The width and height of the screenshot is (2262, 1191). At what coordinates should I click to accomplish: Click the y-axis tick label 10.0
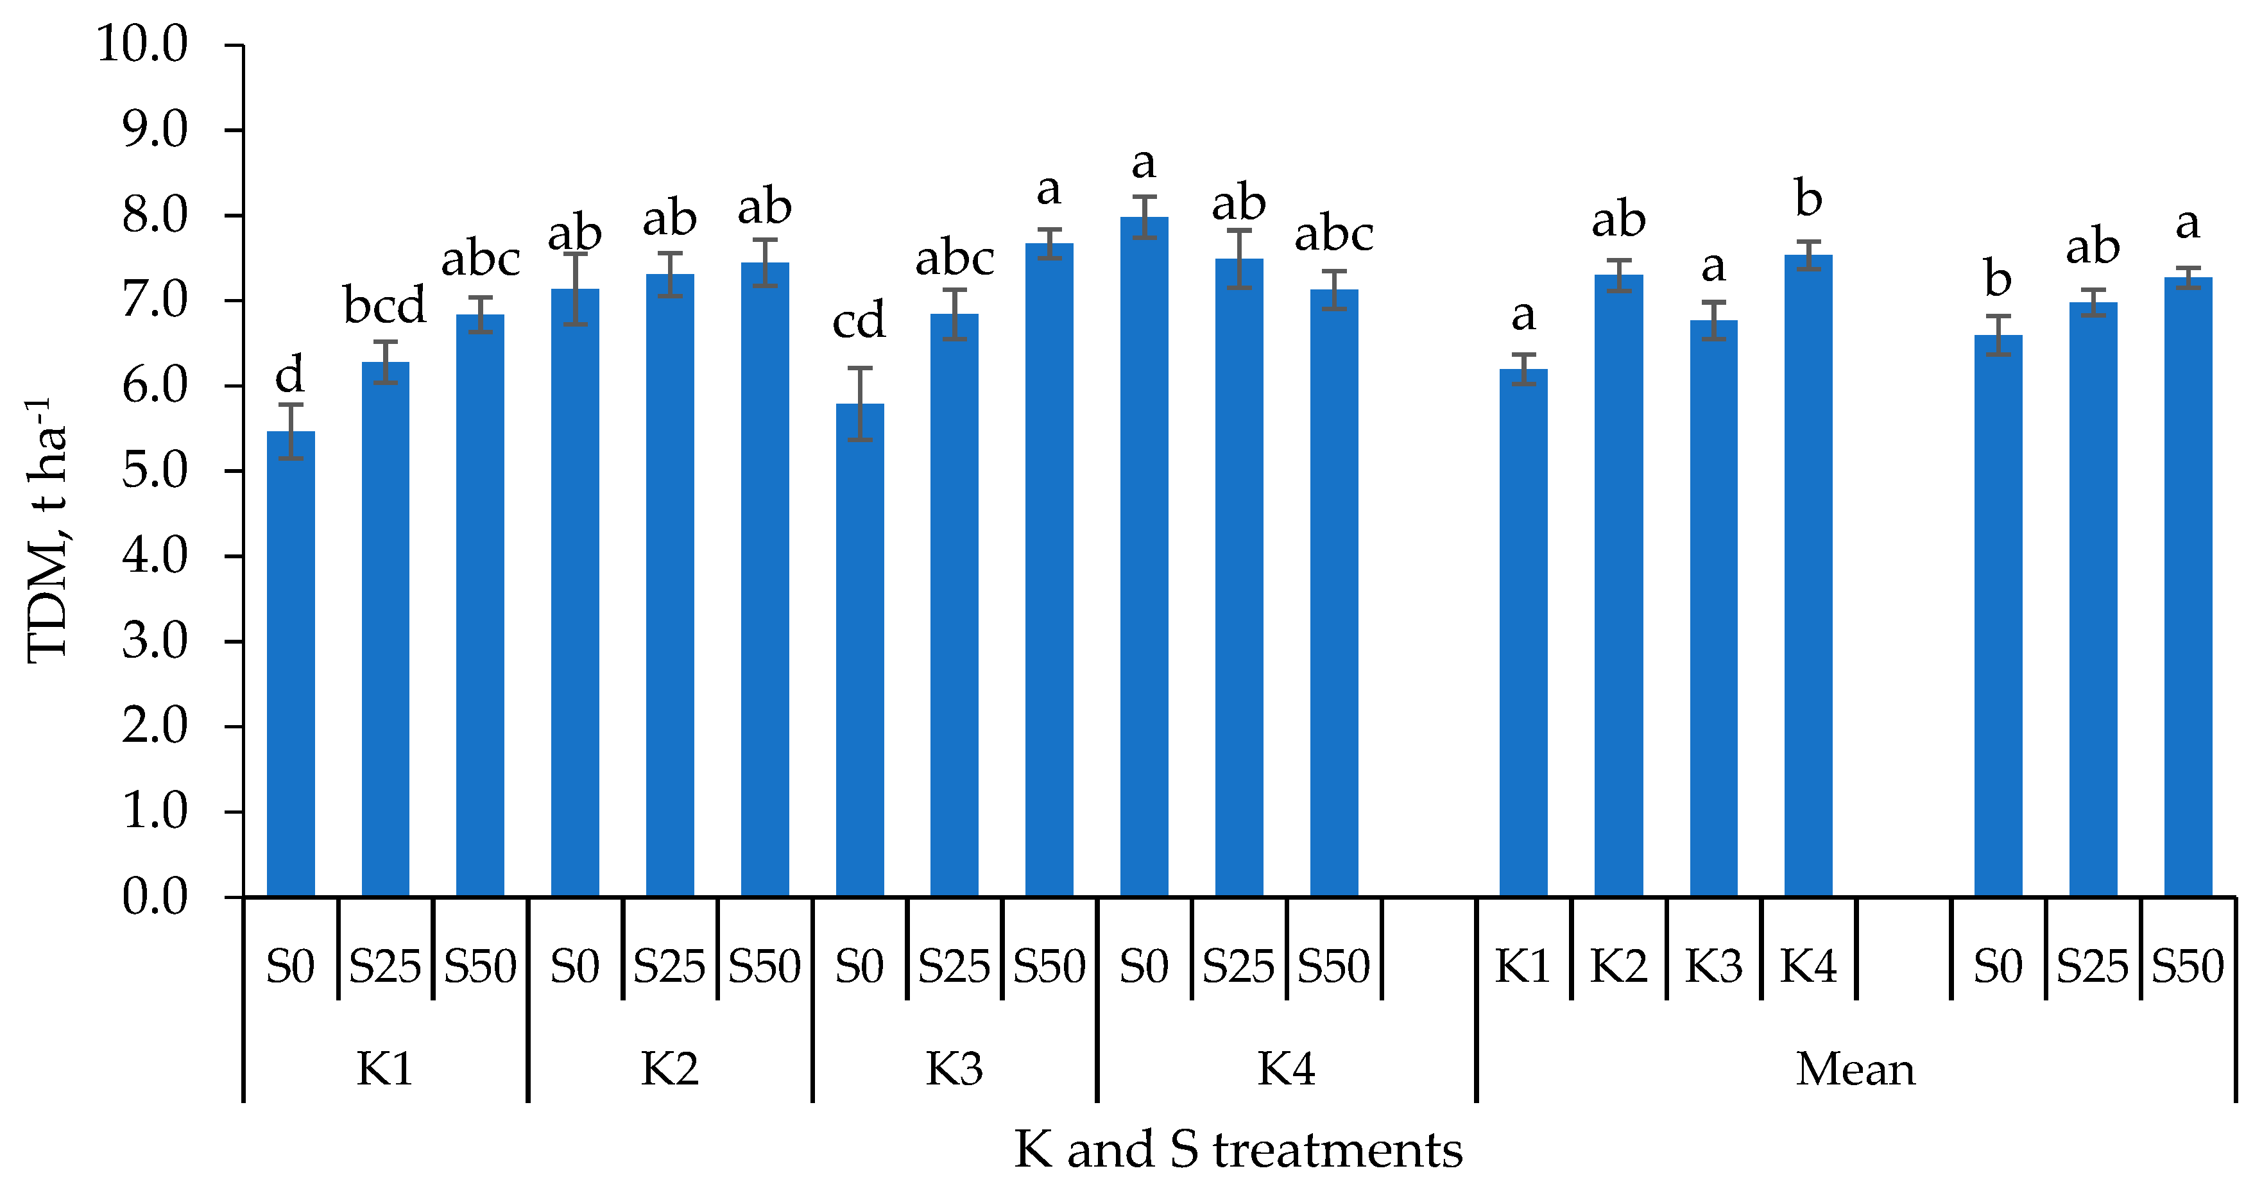point(142,44)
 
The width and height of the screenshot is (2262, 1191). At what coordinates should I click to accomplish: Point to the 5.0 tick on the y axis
point(155,471)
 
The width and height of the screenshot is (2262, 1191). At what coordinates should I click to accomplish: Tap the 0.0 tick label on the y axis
point(155,896)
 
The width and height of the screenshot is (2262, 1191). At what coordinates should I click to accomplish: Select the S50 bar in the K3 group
point(1049,571)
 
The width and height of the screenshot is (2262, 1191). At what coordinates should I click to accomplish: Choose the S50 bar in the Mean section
point(2188,588)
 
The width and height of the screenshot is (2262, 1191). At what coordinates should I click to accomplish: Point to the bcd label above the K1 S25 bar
point(384,305)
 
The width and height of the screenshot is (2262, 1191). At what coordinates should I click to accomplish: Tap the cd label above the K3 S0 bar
point(859,321)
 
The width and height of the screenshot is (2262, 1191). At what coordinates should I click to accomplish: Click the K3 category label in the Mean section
point(1713,966)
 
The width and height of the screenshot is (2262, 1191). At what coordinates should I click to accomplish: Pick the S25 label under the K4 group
point(1238,966)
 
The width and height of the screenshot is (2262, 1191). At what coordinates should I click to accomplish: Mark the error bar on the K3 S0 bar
point(860,404)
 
